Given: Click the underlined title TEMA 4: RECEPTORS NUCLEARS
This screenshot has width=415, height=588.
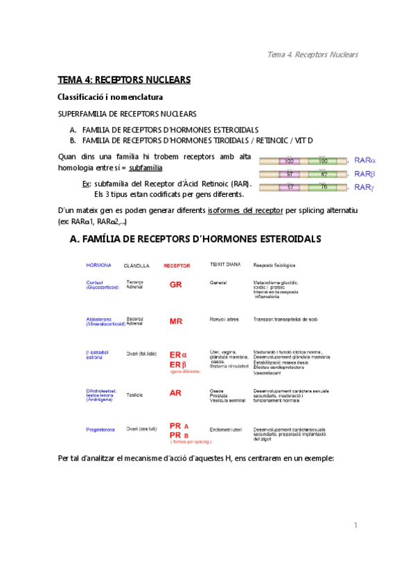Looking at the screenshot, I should pyautogui.click(x=123, y=80).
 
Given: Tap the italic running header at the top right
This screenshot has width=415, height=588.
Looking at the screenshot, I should pyautogui.click(x=312, y=55).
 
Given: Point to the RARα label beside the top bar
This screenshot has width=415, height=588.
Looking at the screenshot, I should pyautogui.click(x=364, y=160).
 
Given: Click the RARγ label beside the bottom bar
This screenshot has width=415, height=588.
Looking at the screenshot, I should pyautogui.click(x=364, y=187).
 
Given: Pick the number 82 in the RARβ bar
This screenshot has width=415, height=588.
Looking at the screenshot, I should pyautogui.click(x=323, y=174).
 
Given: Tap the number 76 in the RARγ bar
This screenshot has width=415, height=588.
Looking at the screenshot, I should pyautogui.click(x=323, y=187).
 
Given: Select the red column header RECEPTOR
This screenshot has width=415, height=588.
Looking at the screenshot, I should pyautogui.click(x=176, y=266).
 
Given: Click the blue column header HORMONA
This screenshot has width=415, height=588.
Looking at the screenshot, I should pyautogui.click(x=98, y=265).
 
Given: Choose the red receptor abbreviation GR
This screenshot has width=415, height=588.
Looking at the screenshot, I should pyautogui.click(x=176, y=284).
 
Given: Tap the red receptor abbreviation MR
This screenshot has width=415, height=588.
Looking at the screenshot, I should pyautogui.click(x=176, y=321).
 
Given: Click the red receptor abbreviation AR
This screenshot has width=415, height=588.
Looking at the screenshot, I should pyautogui.click(x=176, y=392).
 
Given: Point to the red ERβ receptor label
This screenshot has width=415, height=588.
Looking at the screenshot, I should pyautogui.click(x=178, y=365).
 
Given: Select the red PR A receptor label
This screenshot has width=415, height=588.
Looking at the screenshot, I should pyautogui.click(x=179, y=426).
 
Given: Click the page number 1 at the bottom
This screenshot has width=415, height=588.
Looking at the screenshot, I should pyautogui.click(x=355, y=525).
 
